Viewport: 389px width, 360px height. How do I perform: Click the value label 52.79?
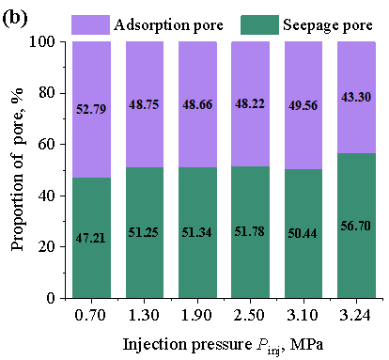pos(91,109)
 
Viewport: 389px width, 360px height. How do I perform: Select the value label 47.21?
pos(90,238)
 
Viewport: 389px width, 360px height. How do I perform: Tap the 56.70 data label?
pos(356,226)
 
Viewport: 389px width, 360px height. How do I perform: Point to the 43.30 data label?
pos(356,97)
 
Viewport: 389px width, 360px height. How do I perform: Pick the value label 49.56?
pos(303,105)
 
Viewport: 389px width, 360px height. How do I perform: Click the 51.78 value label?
pos(250,231)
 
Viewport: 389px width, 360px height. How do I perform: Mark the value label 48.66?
pos(197,104)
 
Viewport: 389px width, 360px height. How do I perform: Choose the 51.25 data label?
pos(144,232)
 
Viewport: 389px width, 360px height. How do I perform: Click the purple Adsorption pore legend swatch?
pos(90,24)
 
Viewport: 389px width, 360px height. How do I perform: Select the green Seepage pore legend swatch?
pos(259,24)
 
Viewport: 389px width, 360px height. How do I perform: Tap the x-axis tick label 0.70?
pos(90,315)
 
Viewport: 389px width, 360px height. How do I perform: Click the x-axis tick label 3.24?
pos(355,315)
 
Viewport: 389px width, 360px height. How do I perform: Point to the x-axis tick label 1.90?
pos(196,315)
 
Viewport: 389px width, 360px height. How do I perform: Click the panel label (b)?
pos(15,19)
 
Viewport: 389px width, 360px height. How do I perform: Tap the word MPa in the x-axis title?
pos(306,344)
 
